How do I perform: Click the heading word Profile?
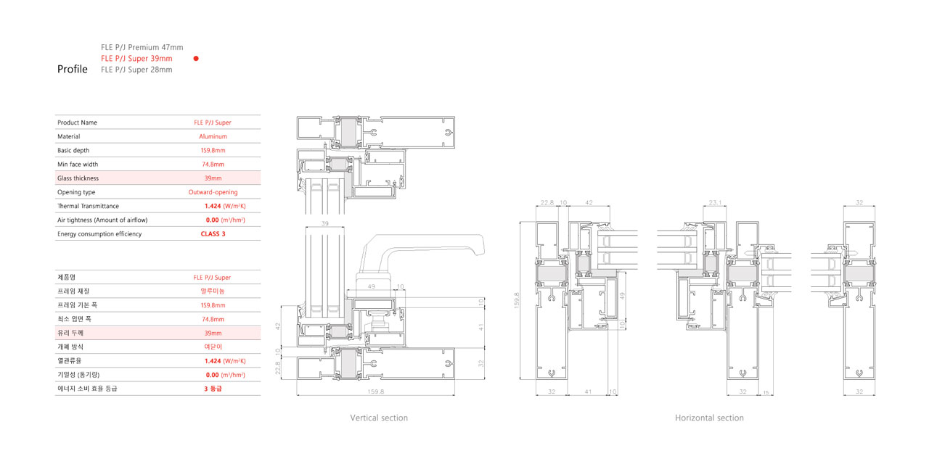pyautogui.click(x=72, y=69)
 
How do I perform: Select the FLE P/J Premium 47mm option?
pyautogui.click(x=142, y=47)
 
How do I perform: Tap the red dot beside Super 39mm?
pyautogui.click(x=196, y=59)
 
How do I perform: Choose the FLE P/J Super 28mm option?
pyautogui.click(x=136, y=70)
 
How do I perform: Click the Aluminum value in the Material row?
pyautogui.click(x=213, y=136)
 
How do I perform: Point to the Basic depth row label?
pyautogui.click(x=73, y=150)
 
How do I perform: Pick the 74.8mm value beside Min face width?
pyautogui.click(x=213, y=165)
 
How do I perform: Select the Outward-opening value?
pyautogui.click(x=213, y=192)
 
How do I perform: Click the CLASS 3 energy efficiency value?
pyautogui.click(x=213, y=234)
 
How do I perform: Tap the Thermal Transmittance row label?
pyautogui.click(x=88, y=206)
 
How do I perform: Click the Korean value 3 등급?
pyautogui.click(x=213, y=389)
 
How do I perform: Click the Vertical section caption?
pyautogui.click(x=379, y=418)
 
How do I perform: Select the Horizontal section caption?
pyautogui.click(x=709, y=418)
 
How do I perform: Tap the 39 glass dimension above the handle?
pyautogui.click(x=324, y=224)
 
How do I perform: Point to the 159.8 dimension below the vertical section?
pyautogui.click(x=376, y=391)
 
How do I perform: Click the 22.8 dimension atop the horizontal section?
pyautogui.click(x=547, y=202)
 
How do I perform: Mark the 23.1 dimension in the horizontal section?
pyautogui.click(x=715, y=202)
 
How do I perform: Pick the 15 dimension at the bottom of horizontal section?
pyautogui.click(x=766, y=393)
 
